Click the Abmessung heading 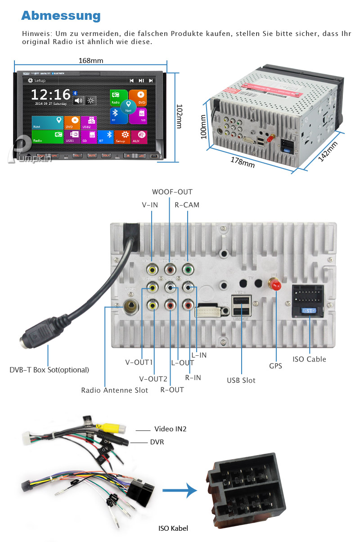point(61,16)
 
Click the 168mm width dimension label point(91,60)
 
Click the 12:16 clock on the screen point(50,94)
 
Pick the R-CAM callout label point(187,205)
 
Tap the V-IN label point(150,205)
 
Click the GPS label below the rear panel point(275,366)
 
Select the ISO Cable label point(309,359)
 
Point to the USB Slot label point(241,380)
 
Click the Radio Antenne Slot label point(114,390)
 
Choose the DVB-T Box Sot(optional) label point(49,370)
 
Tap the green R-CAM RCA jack point(188,270)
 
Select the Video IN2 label point(170,429)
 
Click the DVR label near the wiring point(157,442)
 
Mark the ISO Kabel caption point(173,528)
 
